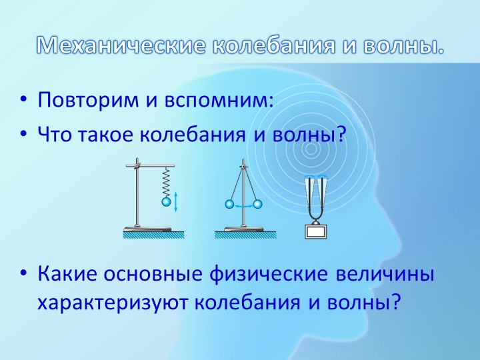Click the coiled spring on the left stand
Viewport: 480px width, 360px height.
pyautogui.click(x=166, y=181)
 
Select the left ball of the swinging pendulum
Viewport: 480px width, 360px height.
pyautogui.click(x=228, y=205)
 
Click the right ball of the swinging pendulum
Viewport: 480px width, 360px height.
pyautogui.click(x=259, y=205)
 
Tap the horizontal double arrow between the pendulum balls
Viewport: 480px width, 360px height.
pyautogui.click(x=243, y=207)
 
